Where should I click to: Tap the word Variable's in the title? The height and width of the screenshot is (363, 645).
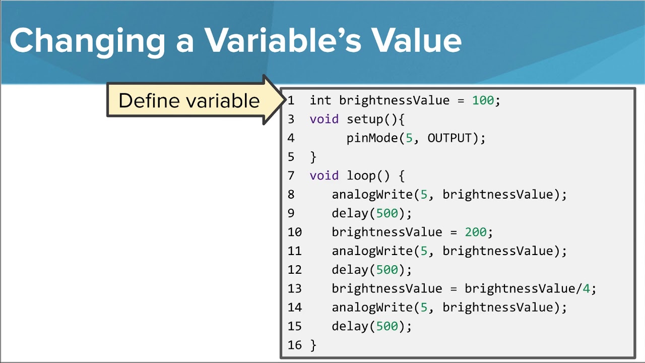(x=283, y=40)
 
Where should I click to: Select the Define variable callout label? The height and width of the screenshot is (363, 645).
(x=189, y=101)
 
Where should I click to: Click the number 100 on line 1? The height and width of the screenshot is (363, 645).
(x=483, y=100)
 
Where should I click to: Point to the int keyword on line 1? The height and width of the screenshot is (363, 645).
(x=320, y=100)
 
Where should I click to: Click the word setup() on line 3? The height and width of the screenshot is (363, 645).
(x=375, y=119)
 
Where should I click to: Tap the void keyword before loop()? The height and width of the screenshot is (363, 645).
(x=324, y=175)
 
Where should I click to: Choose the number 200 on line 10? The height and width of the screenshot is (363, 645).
(x=476, y=232)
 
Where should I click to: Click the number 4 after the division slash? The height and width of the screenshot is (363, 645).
(x=586, y=288)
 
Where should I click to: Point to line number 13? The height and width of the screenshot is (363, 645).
(x=294, y=288)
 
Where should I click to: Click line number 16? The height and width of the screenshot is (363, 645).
(x=294, y=345)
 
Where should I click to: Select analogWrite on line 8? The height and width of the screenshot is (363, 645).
(x=372, y=195)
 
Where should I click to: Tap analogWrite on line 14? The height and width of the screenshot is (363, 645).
(x=372, y=308)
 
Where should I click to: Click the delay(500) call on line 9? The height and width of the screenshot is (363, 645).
(x=371, y=213)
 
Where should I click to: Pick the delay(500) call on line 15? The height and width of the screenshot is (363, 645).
(x=371, y=326)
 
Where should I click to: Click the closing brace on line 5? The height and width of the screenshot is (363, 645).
(x=313, y=157)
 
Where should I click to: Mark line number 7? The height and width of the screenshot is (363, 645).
(x=291, y=175)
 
